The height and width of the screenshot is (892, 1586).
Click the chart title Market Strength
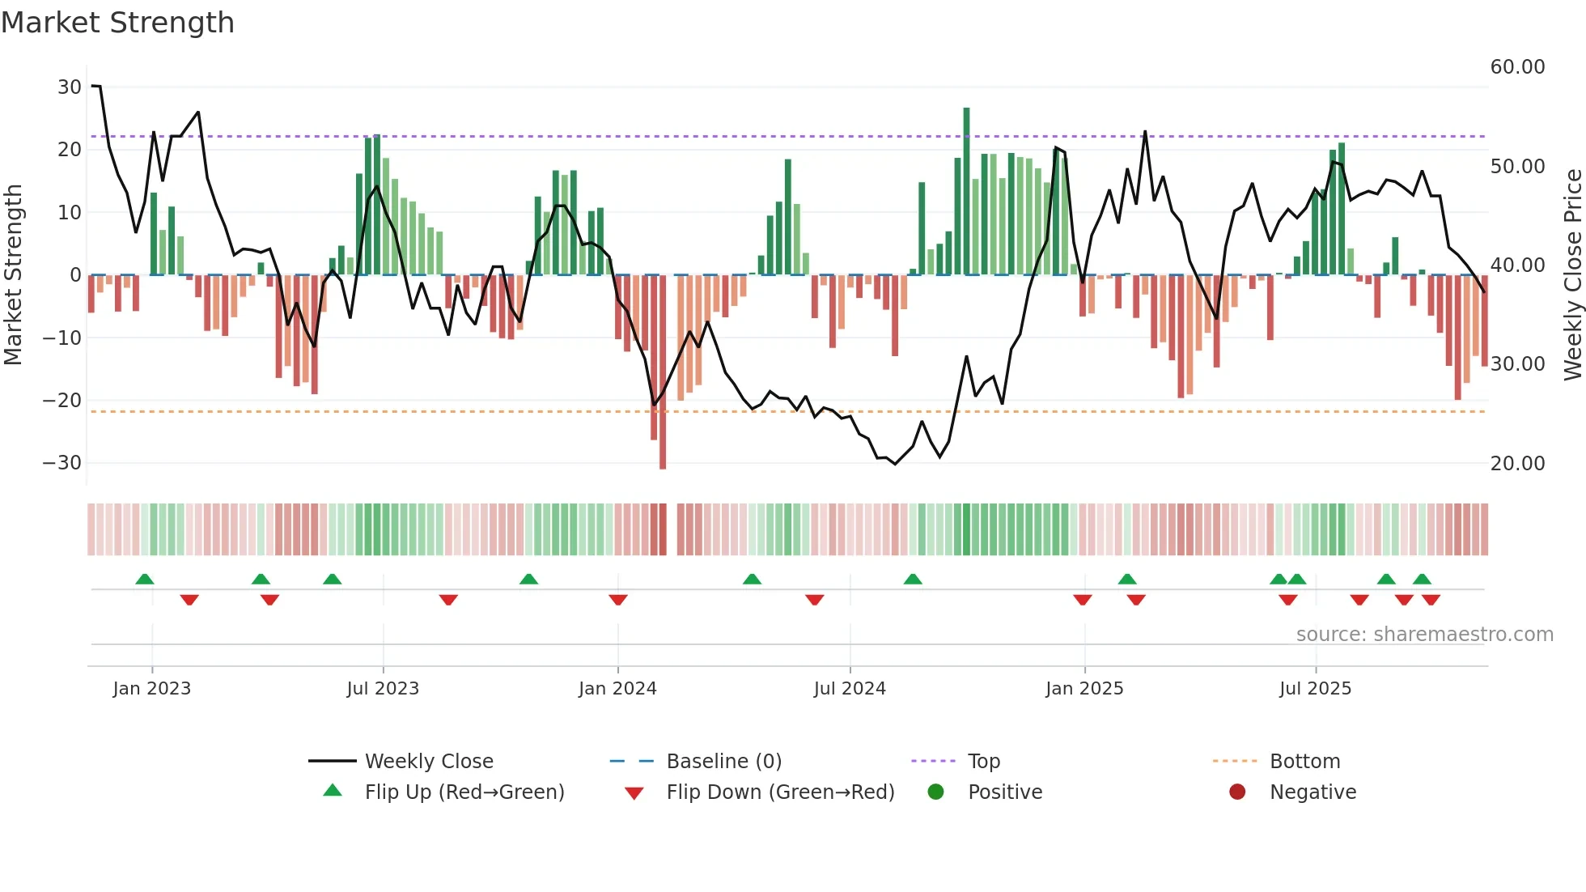117,23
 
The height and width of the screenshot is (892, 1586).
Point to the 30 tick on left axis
70,87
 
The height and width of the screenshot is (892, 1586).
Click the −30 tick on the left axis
63,463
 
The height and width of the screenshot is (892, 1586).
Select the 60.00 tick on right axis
1517,67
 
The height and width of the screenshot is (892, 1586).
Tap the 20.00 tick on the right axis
1517,464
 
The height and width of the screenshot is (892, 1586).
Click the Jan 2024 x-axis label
617,689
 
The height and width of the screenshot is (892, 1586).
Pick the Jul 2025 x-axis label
1315,689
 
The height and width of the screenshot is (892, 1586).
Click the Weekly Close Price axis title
1572,275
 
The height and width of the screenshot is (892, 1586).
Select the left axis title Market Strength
13,275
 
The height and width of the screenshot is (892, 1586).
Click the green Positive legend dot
936,792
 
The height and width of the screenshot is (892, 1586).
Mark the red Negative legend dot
1237,792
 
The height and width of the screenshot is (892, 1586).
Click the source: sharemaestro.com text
1424,635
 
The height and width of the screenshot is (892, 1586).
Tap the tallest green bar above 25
966,190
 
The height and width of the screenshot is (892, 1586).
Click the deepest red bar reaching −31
663,372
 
